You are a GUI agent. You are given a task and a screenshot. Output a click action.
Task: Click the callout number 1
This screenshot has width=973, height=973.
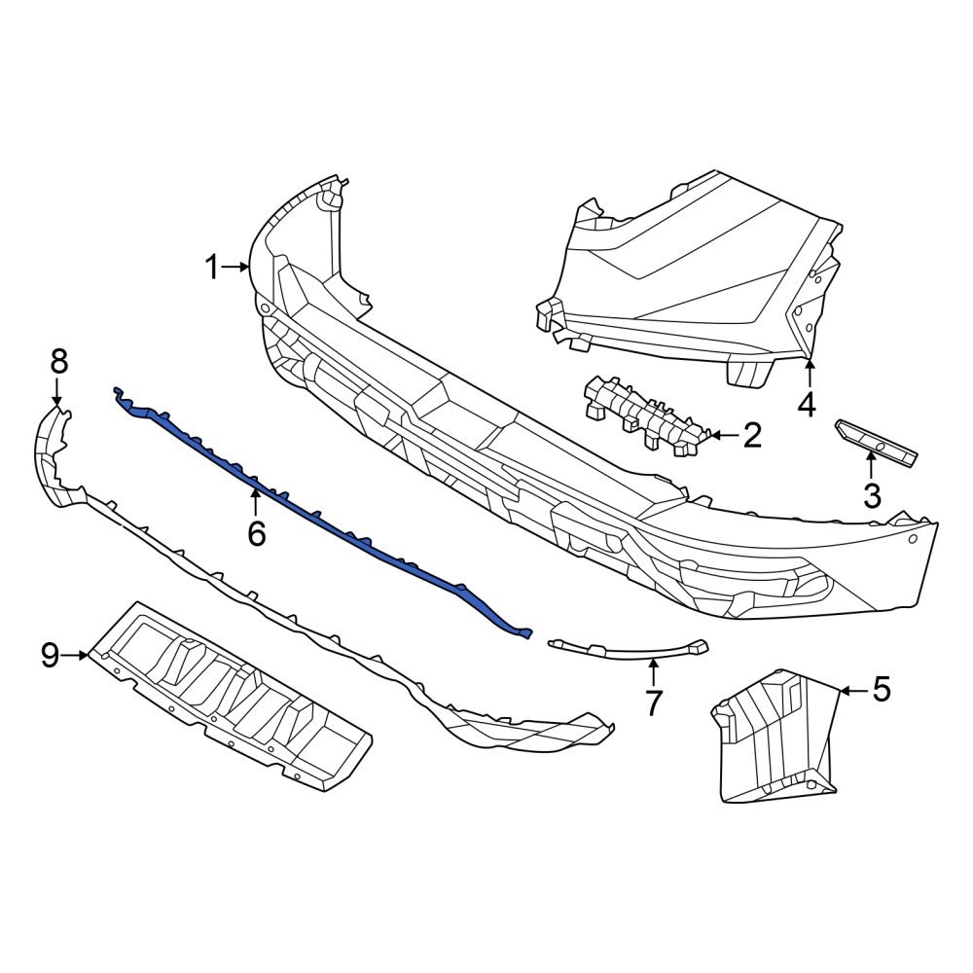click(212, 266)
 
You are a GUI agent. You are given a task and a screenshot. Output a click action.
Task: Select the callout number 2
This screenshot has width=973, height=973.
click(751, 436)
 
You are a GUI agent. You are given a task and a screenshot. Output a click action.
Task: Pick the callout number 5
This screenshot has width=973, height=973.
click(881, 690)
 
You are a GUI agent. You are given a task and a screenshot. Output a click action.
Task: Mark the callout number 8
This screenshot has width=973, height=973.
click(58, 362)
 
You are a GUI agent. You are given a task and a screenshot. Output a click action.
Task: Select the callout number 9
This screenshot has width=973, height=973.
click(51, 656)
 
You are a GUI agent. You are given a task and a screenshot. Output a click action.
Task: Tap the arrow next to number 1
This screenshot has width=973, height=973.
click(236, 266)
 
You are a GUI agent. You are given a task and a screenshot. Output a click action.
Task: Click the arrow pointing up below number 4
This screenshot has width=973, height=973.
click(808, 372)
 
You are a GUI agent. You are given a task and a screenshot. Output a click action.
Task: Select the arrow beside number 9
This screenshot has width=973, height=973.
click(75, 656)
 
